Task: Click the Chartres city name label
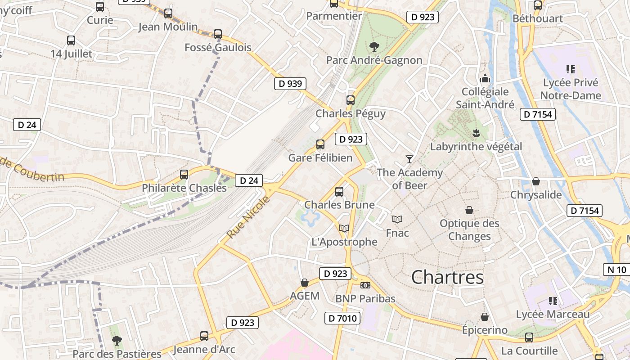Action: pyautogui.click(x=447, y=277)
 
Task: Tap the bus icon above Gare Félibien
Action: pyautogui.click(x=320, y=144)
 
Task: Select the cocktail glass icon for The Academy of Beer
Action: pyautogui.click(x=409, y=159)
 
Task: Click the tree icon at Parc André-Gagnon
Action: pyautogui.click(x=373, y=46)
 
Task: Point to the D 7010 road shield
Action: pyautogui.click(x=342, y=319)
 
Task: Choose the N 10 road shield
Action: pyautogui.click(x=616, y=270)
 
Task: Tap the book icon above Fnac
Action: pyautogui.click(x=397, y=219)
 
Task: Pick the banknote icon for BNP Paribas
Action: pyautogui.click(x=365, y=285)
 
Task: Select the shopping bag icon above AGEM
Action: pyautogui.click(x=305, y=283)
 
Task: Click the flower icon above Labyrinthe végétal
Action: pyautogui.click(x=476, y=133)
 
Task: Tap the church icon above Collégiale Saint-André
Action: pyautogui.click(x=485, y=78)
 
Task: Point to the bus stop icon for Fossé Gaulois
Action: pyautogui.click(x=218, y=34)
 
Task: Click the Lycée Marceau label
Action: pyautogui.click(x=553, y=314)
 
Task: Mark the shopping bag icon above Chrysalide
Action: pyautogui.click(x=535, y=181)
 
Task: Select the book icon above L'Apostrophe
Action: pyautogui.click(x=344, y=228)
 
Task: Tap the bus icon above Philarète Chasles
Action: pyautogui.click(x=184, y=174)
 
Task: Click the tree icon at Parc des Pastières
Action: pyautogui.click(x=117, y=340)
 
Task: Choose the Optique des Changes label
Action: pyautogui.click(x=469, y=229)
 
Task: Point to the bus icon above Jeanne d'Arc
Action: pyautogui.click(x=204, y=336)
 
